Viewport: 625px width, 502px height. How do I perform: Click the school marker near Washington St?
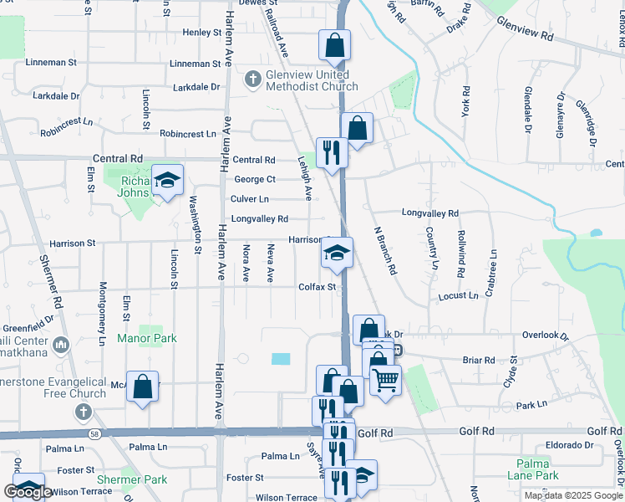(x=167, y=180)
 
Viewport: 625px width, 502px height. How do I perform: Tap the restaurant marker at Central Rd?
(x=332, y=152)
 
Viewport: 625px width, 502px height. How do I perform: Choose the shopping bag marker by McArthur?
(x=142, y=386)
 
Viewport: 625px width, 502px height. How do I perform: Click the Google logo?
(x=28, y=491)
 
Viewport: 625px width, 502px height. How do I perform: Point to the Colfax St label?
(x=317, y=287)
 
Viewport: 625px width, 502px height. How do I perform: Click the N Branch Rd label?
(x=384, y=251)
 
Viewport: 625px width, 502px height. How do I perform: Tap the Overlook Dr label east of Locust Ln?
(x=546, y=336)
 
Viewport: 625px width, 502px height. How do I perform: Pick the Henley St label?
(x=201, y=33)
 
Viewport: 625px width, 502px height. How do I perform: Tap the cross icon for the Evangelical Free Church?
(x=82, y=412)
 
